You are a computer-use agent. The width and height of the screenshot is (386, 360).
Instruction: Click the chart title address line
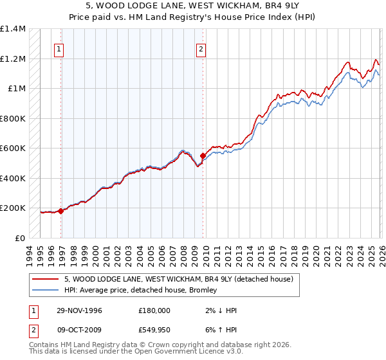[193, 6]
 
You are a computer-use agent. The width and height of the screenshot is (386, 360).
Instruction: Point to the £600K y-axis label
[13, 148]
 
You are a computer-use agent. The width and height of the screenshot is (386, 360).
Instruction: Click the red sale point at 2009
[203, 155]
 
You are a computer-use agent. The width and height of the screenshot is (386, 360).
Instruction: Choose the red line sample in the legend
[46, 279]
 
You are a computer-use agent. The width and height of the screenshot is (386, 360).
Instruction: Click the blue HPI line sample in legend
[46, 290]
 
